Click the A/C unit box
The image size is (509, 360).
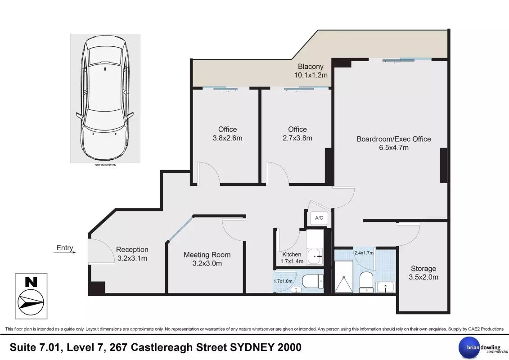point(319,218)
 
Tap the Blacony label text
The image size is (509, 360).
point(311,67)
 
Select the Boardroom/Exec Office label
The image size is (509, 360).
point(394,139)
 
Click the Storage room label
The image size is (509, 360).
point(423,269)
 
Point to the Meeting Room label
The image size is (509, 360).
point(207,255)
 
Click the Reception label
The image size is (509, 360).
point(132,249)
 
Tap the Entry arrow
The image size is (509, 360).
point(65,252)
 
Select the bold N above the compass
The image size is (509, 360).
point(31,282)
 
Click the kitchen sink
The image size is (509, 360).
point(315,256)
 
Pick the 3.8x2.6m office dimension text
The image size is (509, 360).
point(228,138)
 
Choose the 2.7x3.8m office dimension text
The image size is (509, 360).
point(297,138)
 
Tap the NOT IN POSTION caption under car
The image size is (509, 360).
point(105,165)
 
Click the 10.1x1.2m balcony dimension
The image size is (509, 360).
point(311,75)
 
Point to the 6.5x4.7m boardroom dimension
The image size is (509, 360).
point(394,148)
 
